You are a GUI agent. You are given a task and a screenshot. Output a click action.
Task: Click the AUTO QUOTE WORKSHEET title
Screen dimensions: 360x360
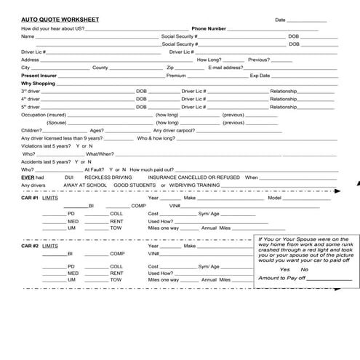click(x=53, y=19)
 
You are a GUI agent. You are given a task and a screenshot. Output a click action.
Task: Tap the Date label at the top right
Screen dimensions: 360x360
click(x=281, y=19)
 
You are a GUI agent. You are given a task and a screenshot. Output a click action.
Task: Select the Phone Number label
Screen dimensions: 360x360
click(x=209, y=28)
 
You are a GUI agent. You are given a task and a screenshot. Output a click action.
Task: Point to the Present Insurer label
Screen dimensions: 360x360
click(x=39, y=75)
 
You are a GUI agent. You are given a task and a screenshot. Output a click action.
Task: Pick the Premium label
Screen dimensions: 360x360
click(x=176, y=75)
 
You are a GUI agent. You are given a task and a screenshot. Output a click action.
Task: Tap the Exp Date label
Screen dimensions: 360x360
click(x=260, y=75)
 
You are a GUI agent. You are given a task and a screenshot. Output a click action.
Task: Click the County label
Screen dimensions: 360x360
click(x=100, y=67)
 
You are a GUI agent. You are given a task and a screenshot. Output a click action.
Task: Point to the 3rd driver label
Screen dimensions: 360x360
click(x=31, y=91)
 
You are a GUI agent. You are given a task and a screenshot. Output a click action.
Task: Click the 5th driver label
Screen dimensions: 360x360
click(x=31, y=107)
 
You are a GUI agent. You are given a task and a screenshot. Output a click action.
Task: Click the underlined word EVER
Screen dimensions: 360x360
click(x=28, y=177)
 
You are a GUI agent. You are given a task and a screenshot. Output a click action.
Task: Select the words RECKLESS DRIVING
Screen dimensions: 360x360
click(x=108, y=177)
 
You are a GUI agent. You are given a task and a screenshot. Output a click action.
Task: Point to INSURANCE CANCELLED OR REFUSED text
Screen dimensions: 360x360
click(x=193, y=177)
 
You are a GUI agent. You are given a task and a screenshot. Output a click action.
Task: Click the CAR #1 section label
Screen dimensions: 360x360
click(x=30, y=198)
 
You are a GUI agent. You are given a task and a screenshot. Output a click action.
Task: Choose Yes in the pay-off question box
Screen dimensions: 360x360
click(x=274, y=269)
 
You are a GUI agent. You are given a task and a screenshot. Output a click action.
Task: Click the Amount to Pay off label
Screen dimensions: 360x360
click(x=281, y=278)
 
